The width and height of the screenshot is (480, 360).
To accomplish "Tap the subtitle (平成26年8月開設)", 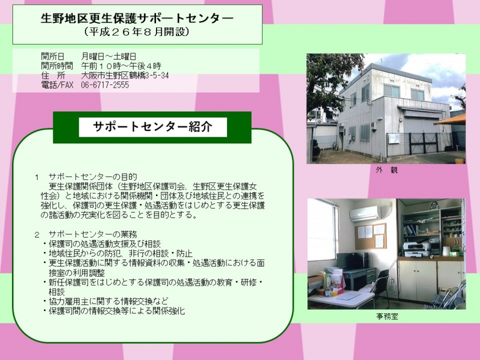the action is tap(137, 32).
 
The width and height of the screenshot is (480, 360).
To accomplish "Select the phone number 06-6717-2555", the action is tap(105, 85).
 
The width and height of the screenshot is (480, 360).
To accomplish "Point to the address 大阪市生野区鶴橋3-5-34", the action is tap(125, 75).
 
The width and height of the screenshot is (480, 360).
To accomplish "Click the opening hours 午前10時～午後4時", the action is tap(121, 66).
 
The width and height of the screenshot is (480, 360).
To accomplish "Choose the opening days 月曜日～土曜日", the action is tap(108, 56).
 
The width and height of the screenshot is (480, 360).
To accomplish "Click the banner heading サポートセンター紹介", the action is tap(153, 126).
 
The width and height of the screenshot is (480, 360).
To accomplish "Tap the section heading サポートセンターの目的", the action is tap(93, 177).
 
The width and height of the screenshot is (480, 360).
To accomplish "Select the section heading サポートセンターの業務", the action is tap(93, 235).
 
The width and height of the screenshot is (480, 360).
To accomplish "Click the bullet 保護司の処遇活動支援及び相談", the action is tap(105, 244).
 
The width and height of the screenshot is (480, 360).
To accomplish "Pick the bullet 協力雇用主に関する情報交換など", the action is tap(108, 301).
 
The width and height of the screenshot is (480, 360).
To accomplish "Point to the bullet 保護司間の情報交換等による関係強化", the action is tap(117, 311).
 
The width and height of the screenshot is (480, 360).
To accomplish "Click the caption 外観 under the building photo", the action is tap(386, 169).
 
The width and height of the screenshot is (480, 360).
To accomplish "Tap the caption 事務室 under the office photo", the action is tap(387, 316).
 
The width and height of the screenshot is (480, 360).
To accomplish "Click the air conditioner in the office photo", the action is tap(365, 213).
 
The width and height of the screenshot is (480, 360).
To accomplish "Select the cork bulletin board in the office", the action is tap(371, 236).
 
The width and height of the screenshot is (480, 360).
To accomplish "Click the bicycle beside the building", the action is tap(335, 146).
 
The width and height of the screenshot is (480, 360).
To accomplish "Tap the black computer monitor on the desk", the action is tap(351, 261).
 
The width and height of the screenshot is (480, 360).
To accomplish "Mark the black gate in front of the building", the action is tap(424, 143).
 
